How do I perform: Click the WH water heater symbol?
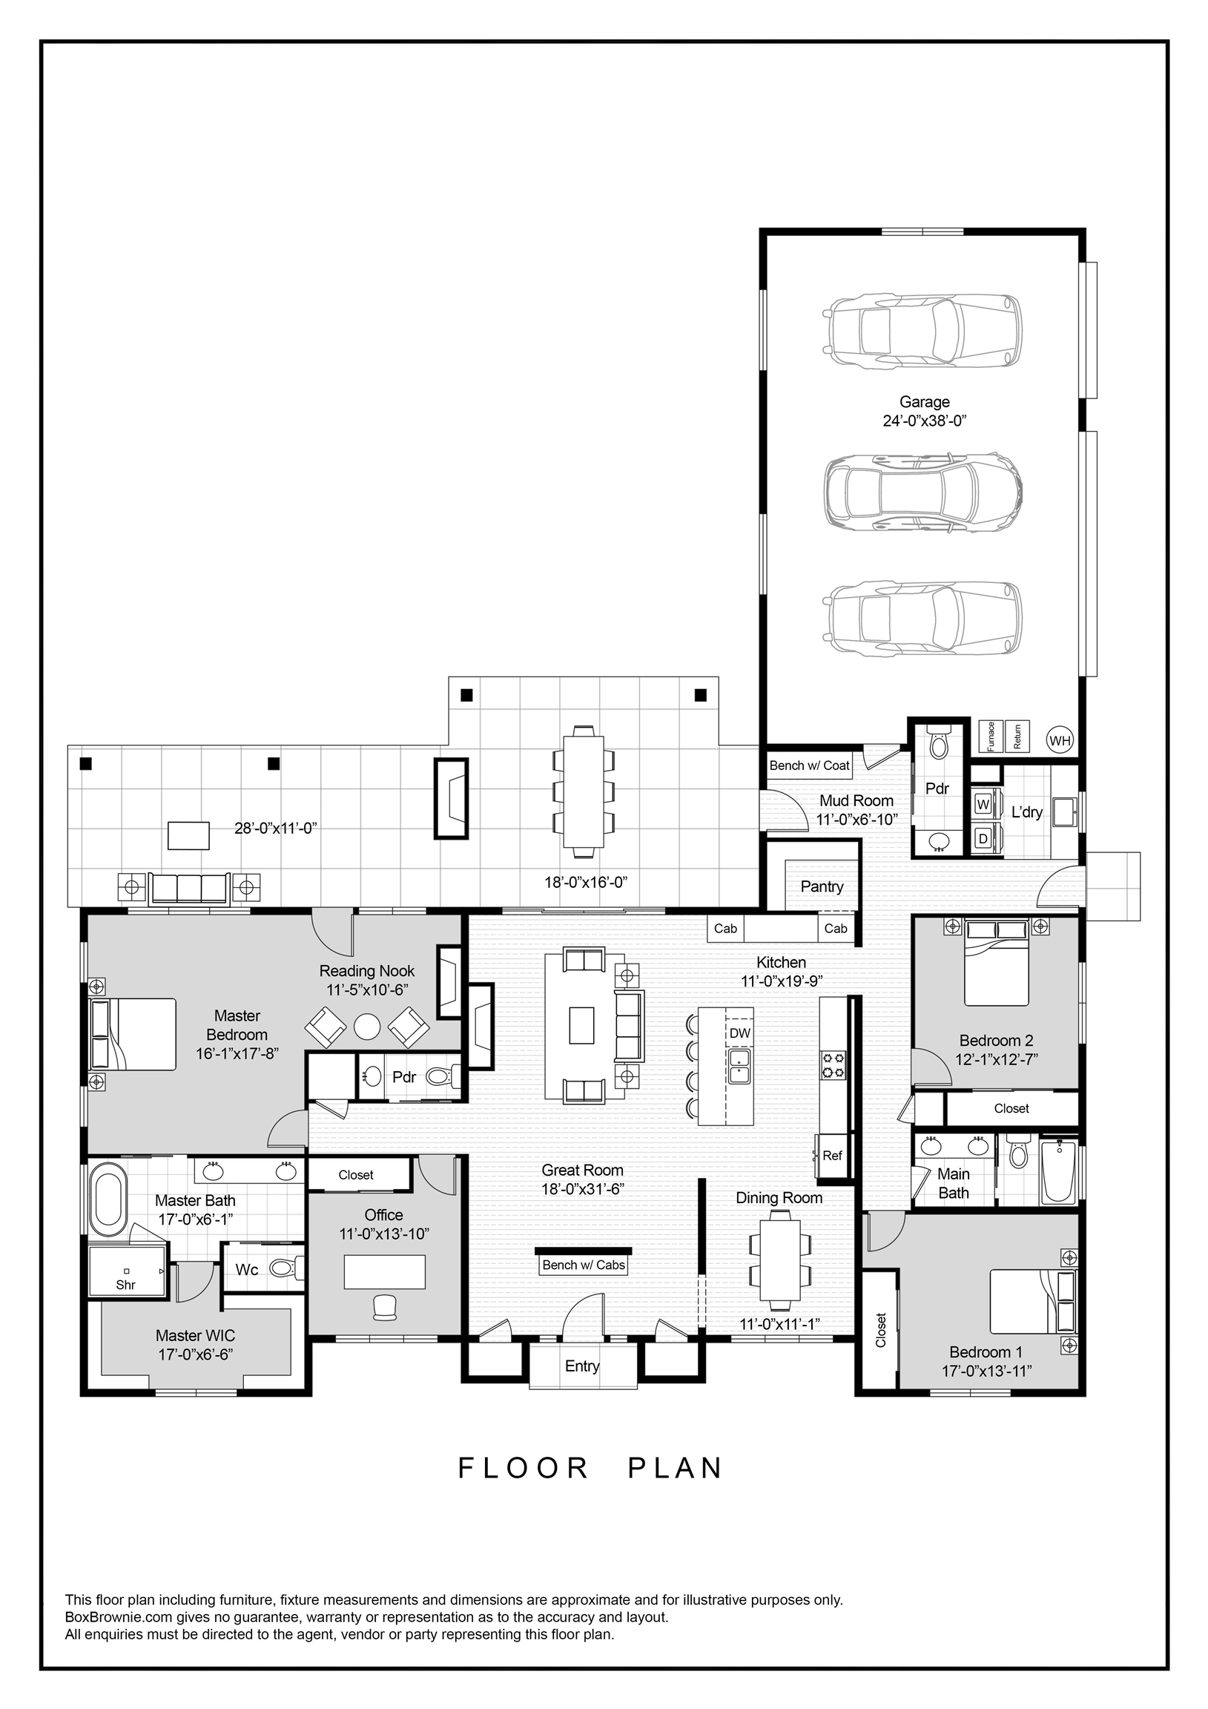click(x=1059, y=740)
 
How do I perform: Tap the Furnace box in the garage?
click(x=990, y=737)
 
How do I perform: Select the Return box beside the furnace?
click(x=1017, y=737)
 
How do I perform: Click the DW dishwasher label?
click(x=739, y=1033)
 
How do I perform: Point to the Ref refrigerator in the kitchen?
click(x=832, y=1156)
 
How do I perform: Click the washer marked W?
click(x=983, y=805)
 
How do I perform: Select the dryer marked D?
click(x=983, y=839)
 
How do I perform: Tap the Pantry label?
click(x=822, y=886)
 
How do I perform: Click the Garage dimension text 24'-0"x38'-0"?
click(x=925, y=421)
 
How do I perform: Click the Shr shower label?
click(x=126, y=1285)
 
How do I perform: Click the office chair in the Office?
click(x=385, y=1307)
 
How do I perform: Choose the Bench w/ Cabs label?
click(x=584, y=1265)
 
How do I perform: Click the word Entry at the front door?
click(x=582, y=1366)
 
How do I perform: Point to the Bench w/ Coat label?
click(x=809, y=765)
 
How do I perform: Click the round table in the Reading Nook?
click(x=367, y=1027)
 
